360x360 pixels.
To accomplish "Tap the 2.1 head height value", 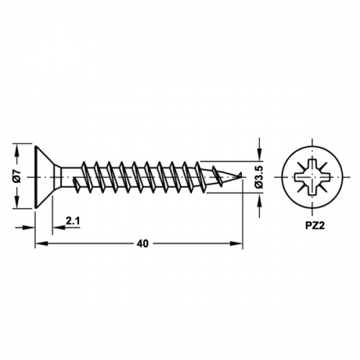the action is [x=73, y=221].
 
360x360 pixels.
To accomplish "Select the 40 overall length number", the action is [x=143, y=244].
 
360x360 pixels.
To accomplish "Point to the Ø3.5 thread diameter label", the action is [x=259, y=177].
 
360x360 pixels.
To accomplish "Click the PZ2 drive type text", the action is [x=315, y=226].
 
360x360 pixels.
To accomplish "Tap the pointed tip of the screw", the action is [x=241, y=174].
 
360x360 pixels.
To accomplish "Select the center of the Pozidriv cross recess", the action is [x=312, y=177].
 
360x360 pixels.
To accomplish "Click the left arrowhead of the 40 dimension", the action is [x=41, y=243].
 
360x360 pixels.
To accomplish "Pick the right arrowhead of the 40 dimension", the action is [x=236, y=243].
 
